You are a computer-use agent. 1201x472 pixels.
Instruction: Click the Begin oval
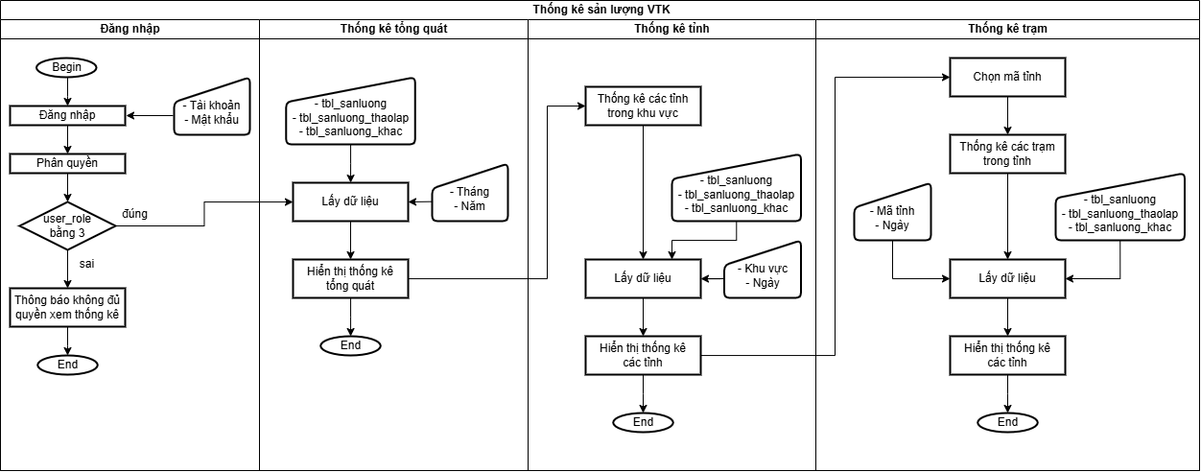pos(66,67)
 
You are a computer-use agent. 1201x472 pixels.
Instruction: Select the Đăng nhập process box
pos(67,115)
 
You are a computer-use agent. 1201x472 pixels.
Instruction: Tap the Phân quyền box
pos(67,164)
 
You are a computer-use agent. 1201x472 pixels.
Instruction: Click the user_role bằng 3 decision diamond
pos(67,225)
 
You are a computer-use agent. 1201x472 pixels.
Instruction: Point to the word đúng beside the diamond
pos(134,214)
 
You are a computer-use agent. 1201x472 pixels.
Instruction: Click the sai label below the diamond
pos(86,264)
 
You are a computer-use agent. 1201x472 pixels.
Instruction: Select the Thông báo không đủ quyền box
pos(67,307)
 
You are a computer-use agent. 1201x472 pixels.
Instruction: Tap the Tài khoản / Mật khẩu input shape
pos(212,107)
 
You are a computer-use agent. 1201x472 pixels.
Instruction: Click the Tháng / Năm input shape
pos(470,194)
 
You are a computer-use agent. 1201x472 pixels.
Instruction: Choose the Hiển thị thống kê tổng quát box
pos(351,279)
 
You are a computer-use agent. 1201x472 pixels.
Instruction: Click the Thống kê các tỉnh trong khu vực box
pos(643,106)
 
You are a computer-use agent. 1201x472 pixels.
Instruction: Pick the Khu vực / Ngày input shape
pos(763,271)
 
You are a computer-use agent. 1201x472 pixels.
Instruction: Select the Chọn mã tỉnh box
pos(1007,78)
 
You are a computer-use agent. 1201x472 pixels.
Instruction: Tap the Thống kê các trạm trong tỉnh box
pos(1007,153)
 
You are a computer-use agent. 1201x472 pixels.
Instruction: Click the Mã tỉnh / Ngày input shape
pos(893,213)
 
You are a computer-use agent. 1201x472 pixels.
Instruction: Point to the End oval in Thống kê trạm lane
pos(1007,423)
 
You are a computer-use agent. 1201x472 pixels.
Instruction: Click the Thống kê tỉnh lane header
pos(671,29)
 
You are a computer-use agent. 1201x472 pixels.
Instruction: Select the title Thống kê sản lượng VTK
pos(601,10)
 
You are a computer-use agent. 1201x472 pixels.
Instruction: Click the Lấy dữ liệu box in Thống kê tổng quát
pos(351,202)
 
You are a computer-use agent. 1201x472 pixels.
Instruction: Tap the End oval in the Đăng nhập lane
pos(67,366)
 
